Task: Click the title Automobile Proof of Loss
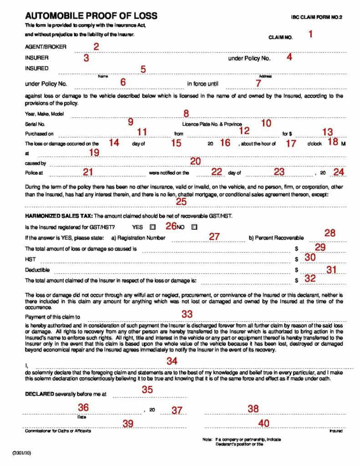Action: [x=91, y=16]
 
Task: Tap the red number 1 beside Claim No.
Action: [x=311, y=34]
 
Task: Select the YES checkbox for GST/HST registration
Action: [x=152, y=227]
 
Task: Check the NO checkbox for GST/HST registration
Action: [x=194, y=227]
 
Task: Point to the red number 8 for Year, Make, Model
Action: [x=186, y=113]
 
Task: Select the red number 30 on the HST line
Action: [x=310, y=258]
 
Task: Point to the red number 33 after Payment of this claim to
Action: [x=187, y=314]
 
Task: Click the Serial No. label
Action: [x=34, y=124]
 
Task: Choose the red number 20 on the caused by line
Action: [x=195, y=161]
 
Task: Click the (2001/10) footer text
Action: [x=21, y=454]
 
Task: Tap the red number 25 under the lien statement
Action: [x=181, y=202]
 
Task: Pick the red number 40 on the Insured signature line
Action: [x=264, y=423]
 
